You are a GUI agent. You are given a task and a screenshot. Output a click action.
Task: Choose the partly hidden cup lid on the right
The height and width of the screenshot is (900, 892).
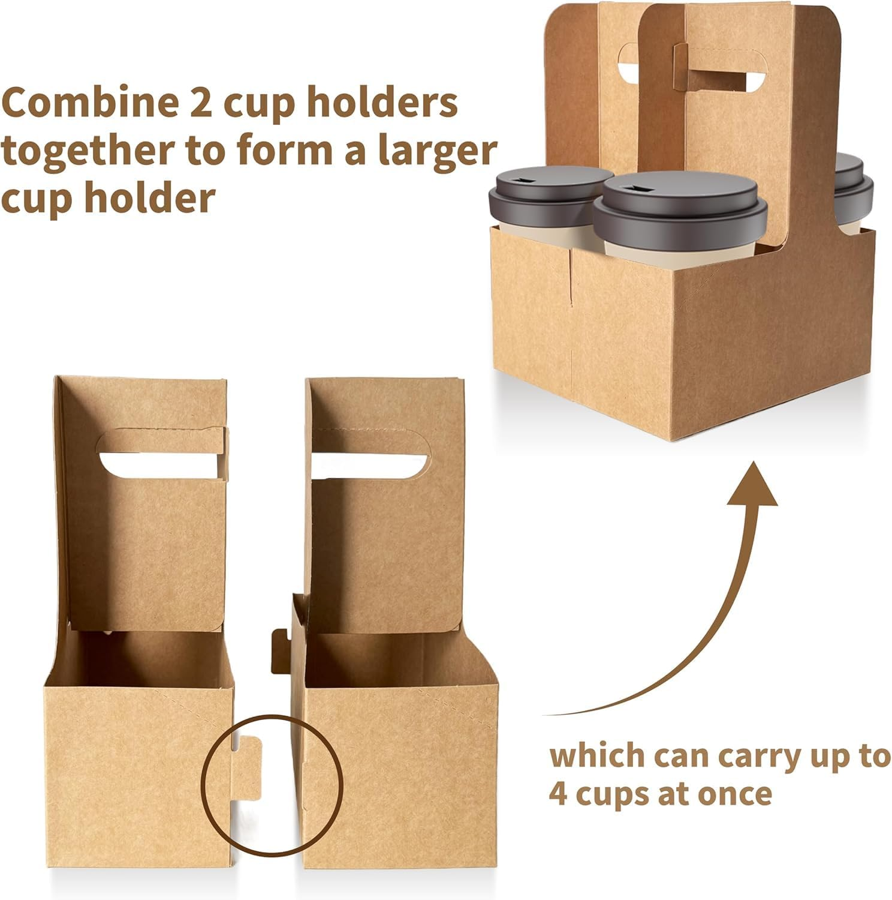[854, 177]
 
